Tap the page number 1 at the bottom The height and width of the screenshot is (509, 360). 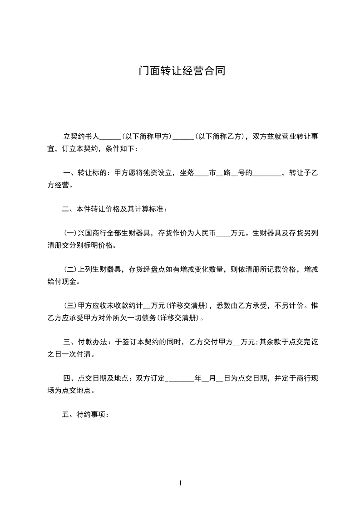click(x=180, y=483)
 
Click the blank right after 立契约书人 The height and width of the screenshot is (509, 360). click(x=109, y=136)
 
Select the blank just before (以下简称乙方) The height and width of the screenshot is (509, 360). click(x=184, y=136)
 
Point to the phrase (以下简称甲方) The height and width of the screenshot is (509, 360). click(x=147, y=136)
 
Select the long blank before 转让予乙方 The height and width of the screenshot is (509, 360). click(x=266, y=173)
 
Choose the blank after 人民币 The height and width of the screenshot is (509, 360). click(x=223, y=234)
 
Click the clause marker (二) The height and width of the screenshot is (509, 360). click(x=70, y=270)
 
